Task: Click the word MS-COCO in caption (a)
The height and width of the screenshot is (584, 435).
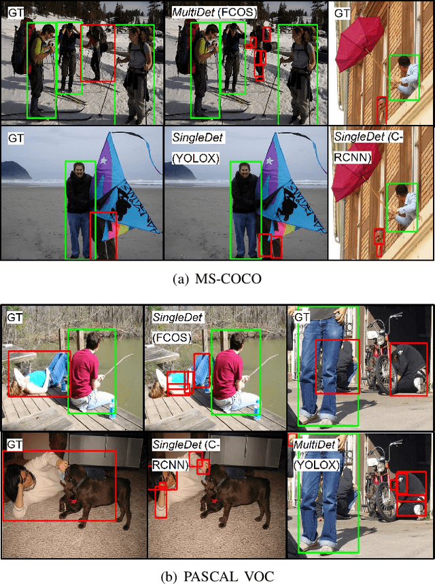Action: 228,279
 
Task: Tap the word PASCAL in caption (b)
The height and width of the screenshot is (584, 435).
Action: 210,576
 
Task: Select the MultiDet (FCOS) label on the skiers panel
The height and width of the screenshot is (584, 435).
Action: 214,12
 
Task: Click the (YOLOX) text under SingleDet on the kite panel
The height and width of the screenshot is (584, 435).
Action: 196,158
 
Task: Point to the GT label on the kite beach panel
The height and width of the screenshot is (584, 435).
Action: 16,138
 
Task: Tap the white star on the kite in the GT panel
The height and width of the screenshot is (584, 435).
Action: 103,161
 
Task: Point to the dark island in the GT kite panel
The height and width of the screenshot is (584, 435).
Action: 16,170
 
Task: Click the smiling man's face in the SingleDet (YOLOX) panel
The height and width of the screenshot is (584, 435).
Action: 244,172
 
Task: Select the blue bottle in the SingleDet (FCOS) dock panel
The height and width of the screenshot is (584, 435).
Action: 256,409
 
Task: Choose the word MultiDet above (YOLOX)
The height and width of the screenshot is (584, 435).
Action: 314,445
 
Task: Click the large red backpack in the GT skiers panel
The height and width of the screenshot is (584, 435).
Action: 20,47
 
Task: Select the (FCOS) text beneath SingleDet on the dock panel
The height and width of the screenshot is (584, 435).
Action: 172,337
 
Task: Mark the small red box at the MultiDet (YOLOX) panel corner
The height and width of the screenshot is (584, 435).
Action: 292,439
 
